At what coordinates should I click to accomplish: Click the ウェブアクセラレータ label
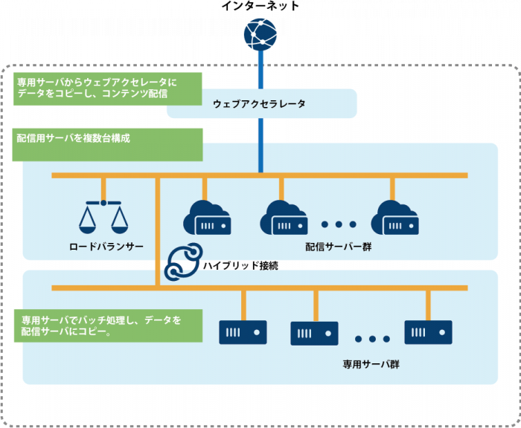(x=259, y=104)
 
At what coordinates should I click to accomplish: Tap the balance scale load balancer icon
(x=103, y=215)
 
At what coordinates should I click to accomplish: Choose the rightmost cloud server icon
(x=394, y=216)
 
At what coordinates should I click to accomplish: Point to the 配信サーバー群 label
(x=338, y=247)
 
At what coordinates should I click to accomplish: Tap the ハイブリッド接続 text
(x=240, y=265)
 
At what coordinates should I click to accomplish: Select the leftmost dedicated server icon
(x=243, y=332)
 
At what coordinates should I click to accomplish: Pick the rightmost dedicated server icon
(x=428, y=332)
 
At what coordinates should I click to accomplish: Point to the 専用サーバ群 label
(x=371, y=365)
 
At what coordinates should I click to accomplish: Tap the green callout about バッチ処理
(x=109, y=326)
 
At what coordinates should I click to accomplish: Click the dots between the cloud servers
(x=339, y=224)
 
